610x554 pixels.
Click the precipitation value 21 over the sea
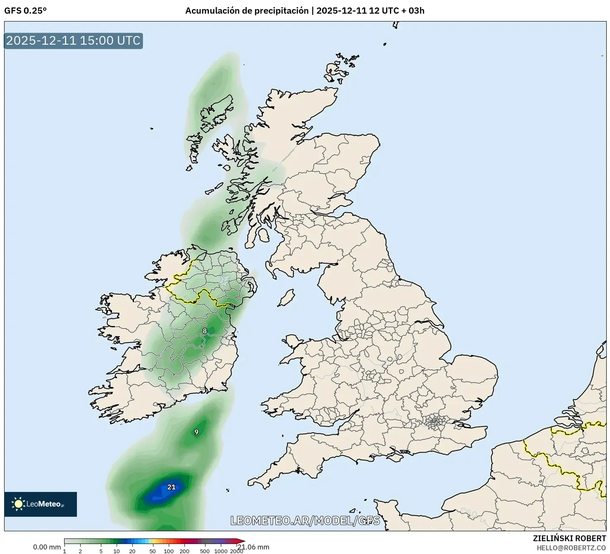point(171,487)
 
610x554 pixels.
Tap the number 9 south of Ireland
point(196,432)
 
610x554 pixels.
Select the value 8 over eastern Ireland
point(204,331)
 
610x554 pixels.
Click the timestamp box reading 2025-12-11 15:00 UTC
point(73,41)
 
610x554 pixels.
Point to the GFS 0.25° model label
point(25,11)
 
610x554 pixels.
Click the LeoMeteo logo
point(40,504)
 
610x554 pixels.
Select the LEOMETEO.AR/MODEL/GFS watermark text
point(305,520)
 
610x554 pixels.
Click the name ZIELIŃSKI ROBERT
point(569,538)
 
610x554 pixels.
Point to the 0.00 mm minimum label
point(47,547)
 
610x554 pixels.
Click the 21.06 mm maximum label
point(253,547)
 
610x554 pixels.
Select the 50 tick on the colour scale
point(153,551)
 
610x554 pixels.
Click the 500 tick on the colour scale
point(204,551)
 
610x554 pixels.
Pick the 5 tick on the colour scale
point(101,551)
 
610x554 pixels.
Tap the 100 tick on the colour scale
point(168,551)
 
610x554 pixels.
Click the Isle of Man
point(286,298)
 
